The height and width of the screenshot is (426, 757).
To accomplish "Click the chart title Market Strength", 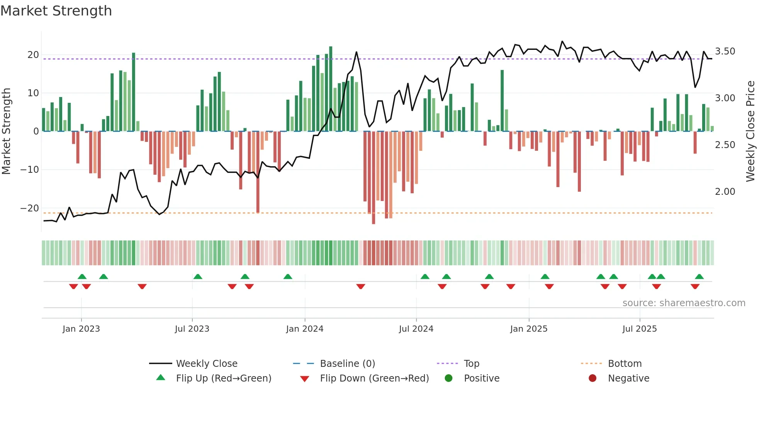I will tap(56, 11).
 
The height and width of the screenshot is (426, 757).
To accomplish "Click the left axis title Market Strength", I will tap(6, 131).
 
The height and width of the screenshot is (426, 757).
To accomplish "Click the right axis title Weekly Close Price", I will tap(750, 131).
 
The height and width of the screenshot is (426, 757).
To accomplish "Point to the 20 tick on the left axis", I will tap(33, 55).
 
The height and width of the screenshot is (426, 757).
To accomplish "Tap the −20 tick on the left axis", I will tap(30, 208).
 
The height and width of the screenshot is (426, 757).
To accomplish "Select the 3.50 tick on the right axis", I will tap(725, 51).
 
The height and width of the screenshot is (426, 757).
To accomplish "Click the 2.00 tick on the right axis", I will tap(725, 192).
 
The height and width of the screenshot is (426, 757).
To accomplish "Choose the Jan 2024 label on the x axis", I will tap(305, 329).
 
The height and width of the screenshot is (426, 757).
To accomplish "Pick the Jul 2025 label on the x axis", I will tap(640, 329).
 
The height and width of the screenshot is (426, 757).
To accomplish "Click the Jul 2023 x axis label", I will tap(192, 329).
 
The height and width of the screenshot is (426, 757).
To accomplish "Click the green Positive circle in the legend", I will tap(448, 378).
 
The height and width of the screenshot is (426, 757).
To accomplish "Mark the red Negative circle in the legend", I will tap(592, 378).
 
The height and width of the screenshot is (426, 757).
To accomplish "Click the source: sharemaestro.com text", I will tap(684, 303).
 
